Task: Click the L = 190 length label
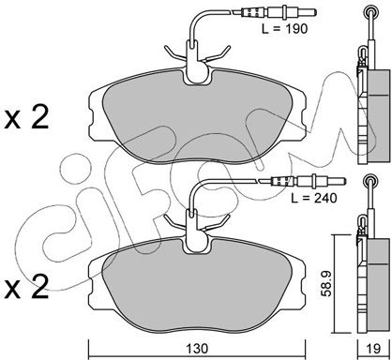[284, 29]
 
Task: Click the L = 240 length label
[314, 198]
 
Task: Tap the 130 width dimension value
[197, 349]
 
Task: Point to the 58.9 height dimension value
[326, 283]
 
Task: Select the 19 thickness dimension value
[374, 349]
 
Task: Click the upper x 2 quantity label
[26, 117]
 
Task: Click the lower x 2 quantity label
[26, 286]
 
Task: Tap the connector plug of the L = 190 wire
[275, 13]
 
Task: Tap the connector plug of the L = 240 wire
[302, 181]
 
